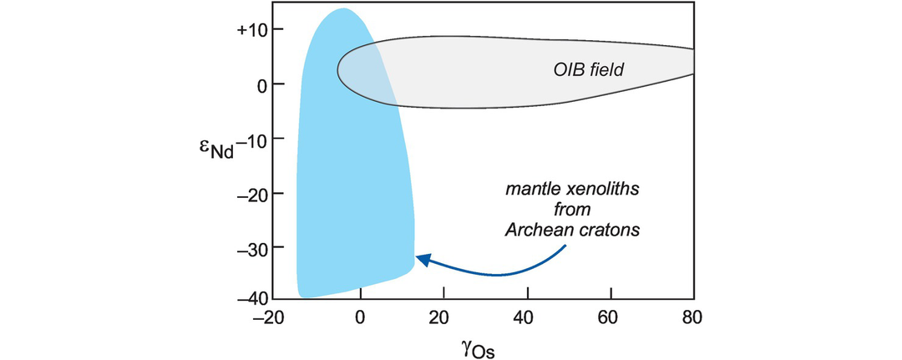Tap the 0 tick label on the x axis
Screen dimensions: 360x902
tap(360, 317)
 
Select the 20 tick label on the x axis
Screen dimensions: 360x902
tap(443, 317)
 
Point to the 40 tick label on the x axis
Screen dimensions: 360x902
tap(527, 317)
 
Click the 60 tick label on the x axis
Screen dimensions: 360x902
tap(611, 317)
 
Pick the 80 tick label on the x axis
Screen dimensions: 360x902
tap(692, 317)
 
